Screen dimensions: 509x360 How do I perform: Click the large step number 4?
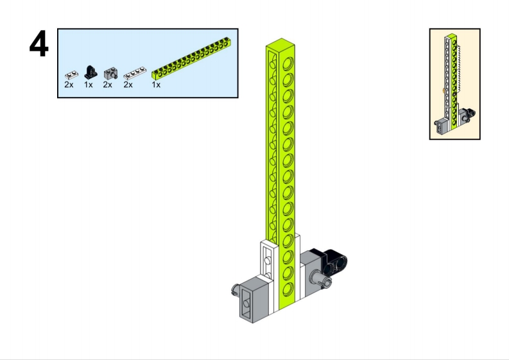pos(39,44)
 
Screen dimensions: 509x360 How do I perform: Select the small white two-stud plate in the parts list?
pos(71,75)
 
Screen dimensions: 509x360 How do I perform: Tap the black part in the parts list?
pos(91,72)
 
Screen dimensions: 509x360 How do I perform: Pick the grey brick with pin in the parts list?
pos(110,74)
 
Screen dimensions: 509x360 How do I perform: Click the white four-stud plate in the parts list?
pos(135,73)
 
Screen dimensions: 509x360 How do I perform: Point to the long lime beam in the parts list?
pos(191,58)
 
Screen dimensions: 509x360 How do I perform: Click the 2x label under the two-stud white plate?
pos(69,85)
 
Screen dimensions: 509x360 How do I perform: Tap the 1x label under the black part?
pos(89,85)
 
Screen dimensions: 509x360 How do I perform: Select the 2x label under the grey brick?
pos(107,85)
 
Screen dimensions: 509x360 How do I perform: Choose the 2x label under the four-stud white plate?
pos(128,85)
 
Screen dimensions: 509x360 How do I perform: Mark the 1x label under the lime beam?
pos(156,85)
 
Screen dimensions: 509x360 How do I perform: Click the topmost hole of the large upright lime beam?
pos(288,64)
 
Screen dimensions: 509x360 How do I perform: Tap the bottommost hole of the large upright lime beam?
pos(288,290)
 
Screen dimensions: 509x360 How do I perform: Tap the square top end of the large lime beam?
pos(280,43)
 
